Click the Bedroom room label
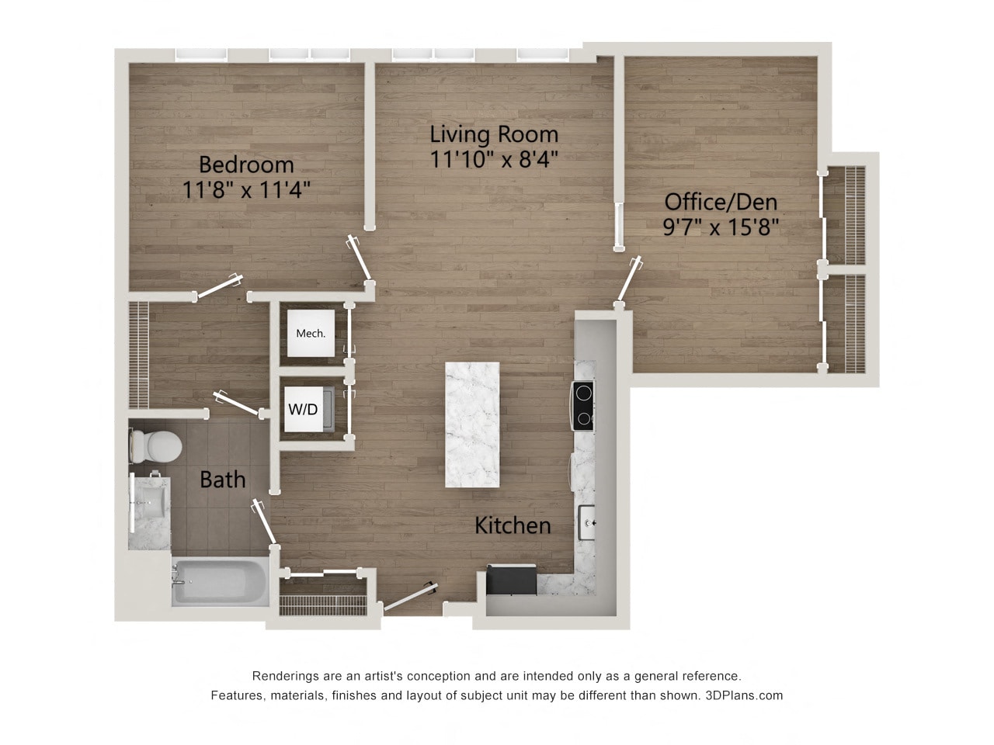246,165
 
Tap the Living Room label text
494,133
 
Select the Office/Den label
721,202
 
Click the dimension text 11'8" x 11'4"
246,189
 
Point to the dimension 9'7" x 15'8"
721,227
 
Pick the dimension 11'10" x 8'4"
494,159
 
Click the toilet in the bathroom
158,445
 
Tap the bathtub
220,581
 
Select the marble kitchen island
472,424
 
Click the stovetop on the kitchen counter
583,405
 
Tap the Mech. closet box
311,334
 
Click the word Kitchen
513,525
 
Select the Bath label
223,480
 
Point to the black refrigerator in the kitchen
511,580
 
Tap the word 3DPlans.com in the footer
744,695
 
